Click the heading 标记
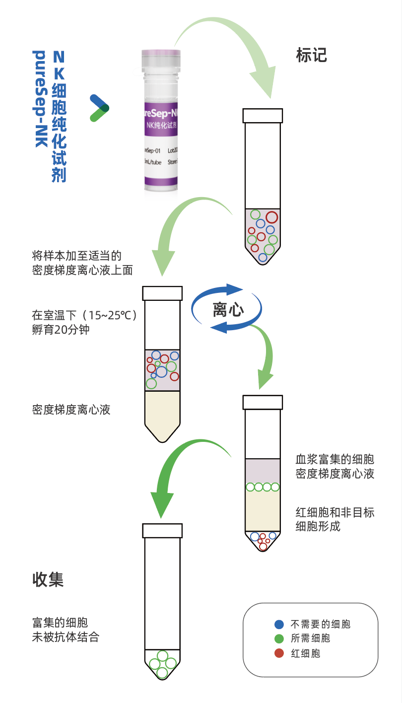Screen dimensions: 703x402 click(311, 55)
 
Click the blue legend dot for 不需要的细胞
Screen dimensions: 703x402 click(279, 624)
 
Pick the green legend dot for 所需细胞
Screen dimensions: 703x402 click(279, 638)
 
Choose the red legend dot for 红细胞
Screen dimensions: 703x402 click(279, 653)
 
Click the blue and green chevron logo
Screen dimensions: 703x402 click(99, 107)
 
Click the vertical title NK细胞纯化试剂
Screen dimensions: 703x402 click(59, 116)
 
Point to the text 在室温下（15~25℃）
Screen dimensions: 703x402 click(84, 315)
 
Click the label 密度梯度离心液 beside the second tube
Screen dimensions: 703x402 click(71, 410)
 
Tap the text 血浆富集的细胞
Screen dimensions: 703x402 click(335, 459)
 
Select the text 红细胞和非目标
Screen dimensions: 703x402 click(335, 512)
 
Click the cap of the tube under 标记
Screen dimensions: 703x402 click(263, 115)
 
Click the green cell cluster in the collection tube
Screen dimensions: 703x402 click(162, 663)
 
